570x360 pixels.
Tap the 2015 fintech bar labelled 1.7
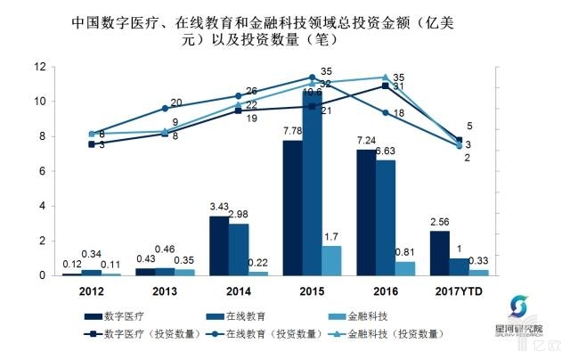330,260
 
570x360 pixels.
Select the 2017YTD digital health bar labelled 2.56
439,253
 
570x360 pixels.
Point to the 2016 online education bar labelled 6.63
385,217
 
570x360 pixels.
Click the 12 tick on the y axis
40,67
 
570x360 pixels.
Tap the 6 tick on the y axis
43,171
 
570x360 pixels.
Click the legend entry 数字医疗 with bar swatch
114,315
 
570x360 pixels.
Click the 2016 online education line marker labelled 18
385,112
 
